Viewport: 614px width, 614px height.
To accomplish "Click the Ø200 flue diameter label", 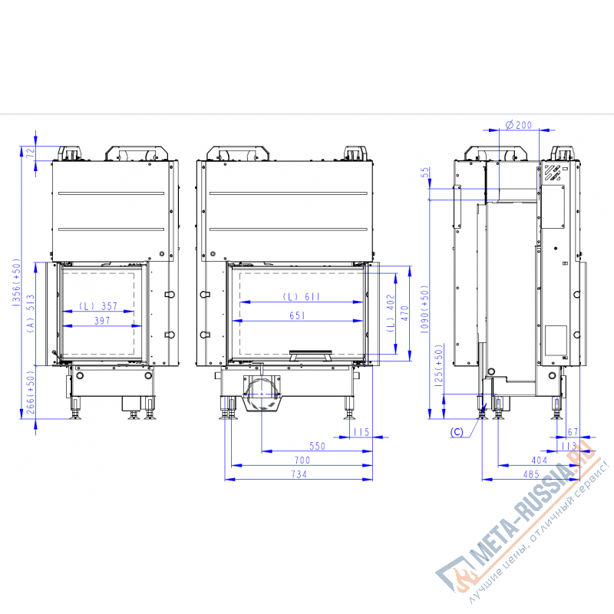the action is [519, 125].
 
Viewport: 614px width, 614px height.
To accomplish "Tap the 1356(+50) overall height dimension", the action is [16, 282].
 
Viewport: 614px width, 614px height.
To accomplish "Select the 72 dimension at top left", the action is [30, 152].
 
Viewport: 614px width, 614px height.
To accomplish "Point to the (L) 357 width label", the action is [98, 305].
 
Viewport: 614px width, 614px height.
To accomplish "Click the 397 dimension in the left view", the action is [102, 321].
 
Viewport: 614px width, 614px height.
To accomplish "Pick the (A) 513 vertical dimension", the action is [31, 314].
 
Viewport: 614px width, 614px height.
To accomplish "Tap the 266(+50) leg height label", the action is [31, 392].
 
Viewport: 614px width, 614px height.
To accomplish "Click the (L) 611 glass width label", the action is [301, 297].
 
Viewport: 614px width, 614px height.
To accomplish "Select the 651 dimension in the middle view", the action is [297, 315].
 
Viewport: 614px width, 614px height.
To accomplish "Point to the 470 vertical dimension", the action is [404, 313].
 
